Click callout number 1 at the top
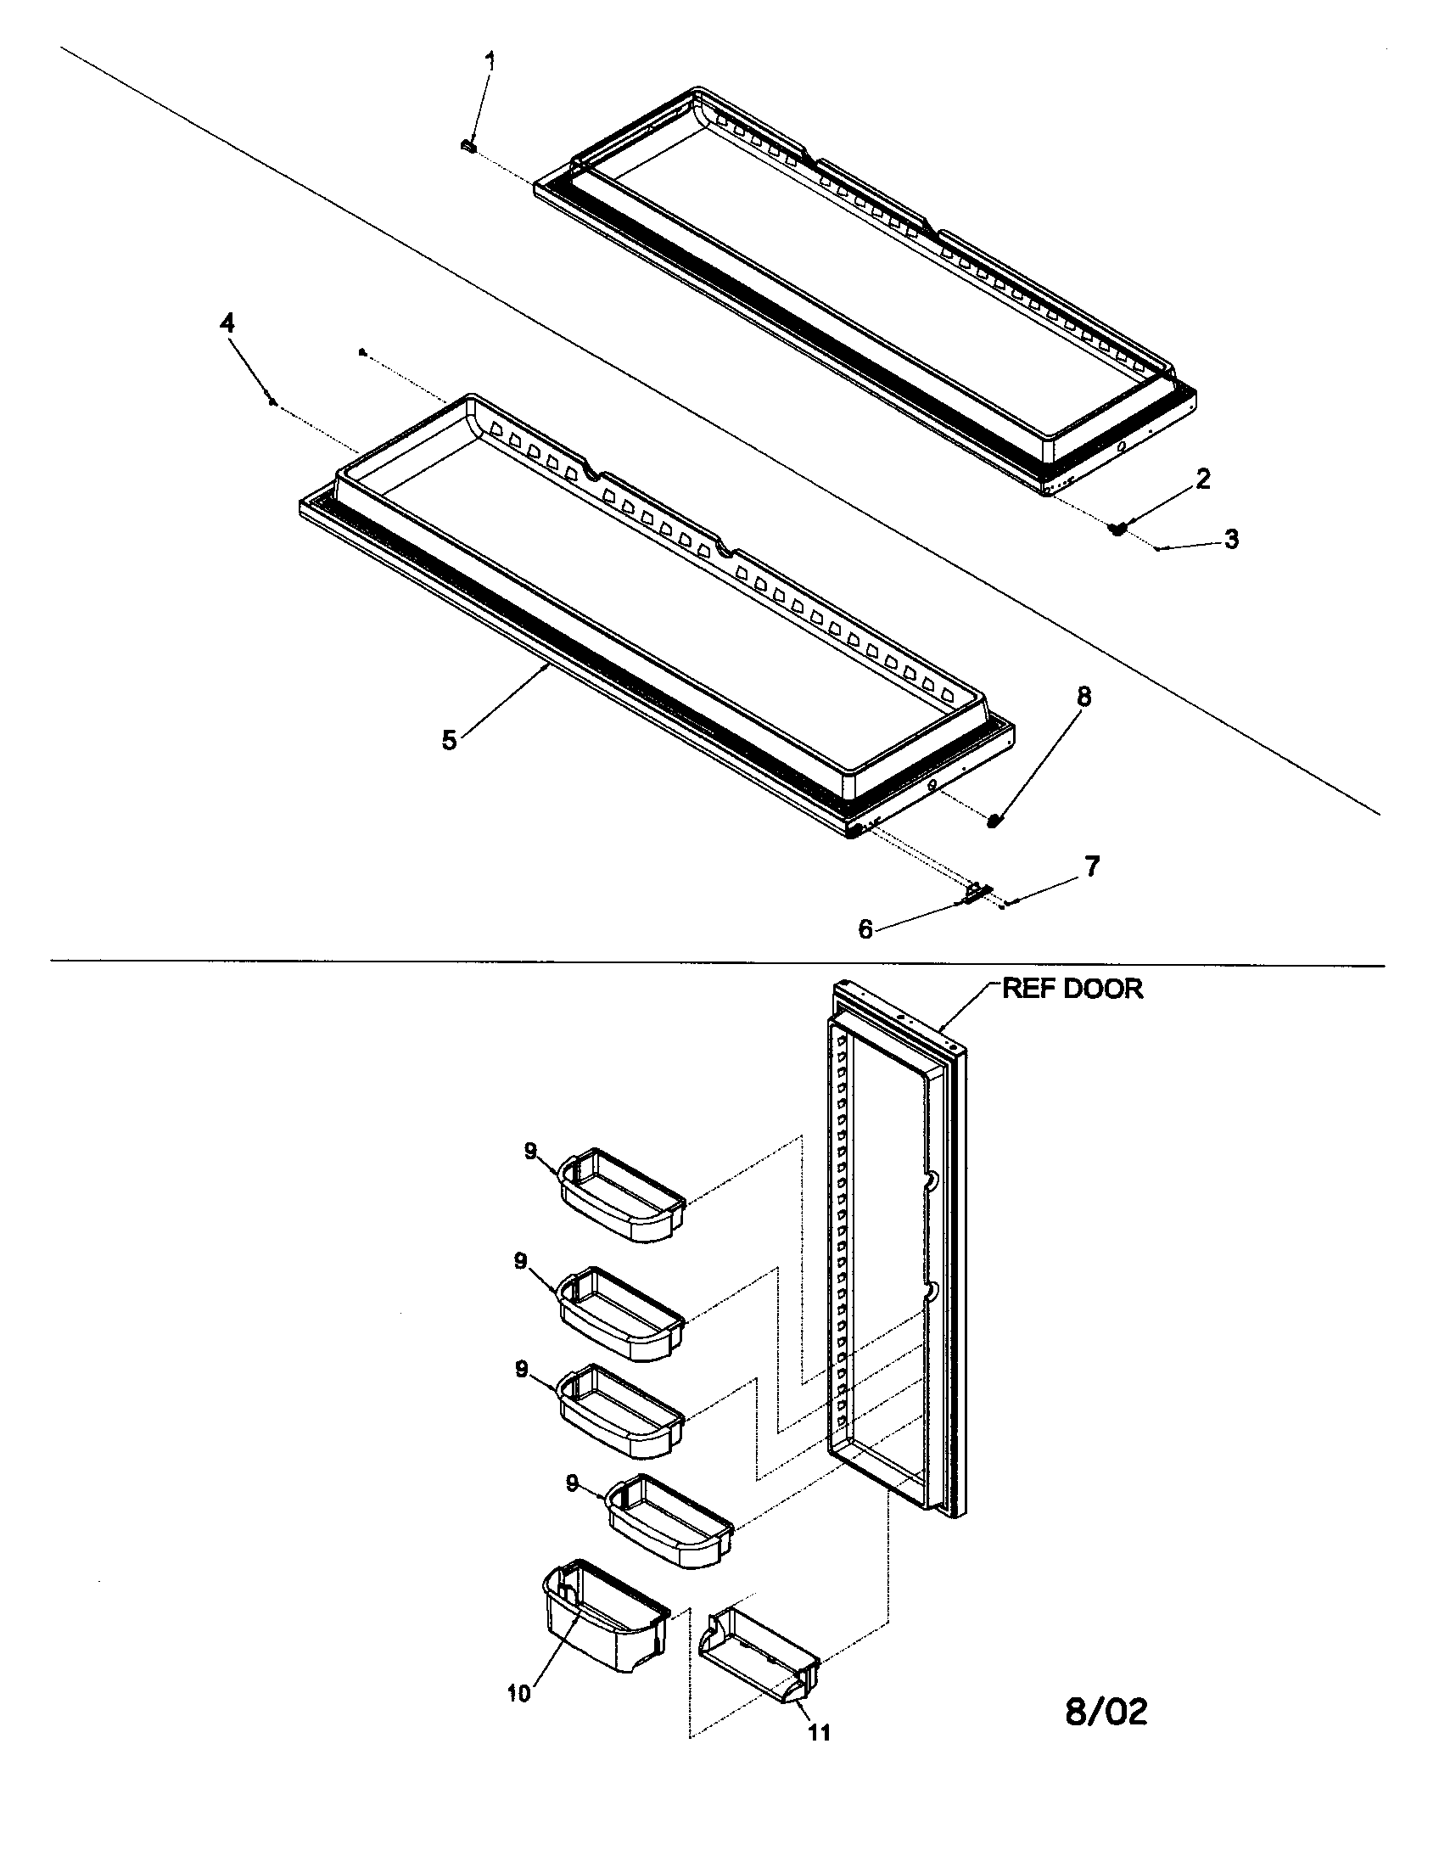(x=490, y=62)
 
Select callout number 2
(x=1202, y=479)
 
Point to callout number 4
(x=227, y=323)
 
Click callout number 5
(x=450, y=739)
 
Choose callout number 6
(x=865, y=929)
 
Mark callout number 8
(x=1083, y=697)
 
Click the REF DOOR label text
(x=1072, y=989)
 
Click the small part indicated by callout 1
(x=468, y=146)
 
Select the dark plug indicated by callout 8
(x=994, y=821)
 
